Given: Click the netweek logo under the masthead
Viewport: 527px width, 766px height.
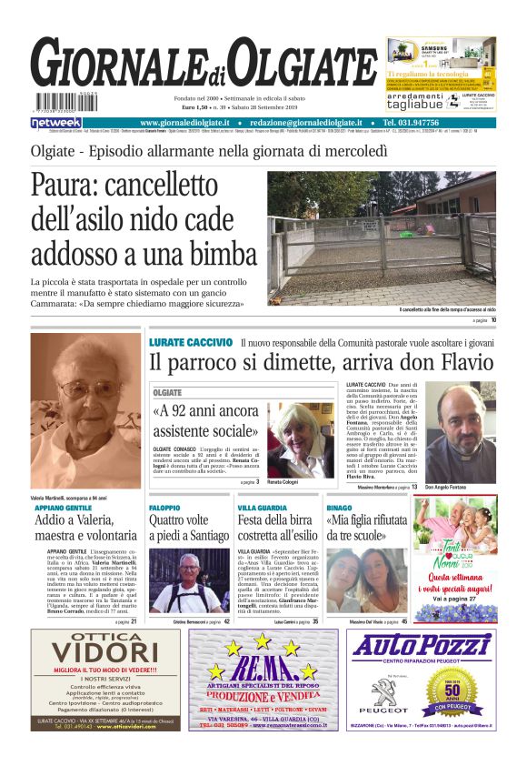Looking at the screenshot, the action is click(56, 123).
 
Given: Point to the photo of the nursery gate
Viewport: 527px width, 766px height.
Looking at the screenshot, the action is click(381, 239).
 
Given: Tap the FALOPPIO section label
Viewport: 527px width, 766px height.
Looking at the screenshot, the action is click(165, 507).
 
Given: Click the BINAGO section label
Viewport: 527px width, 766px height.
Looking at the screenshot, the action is click(339, 507).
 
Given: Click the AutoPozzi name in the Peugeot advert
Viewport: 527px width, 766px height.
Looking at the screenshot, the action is click(421, 647).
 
